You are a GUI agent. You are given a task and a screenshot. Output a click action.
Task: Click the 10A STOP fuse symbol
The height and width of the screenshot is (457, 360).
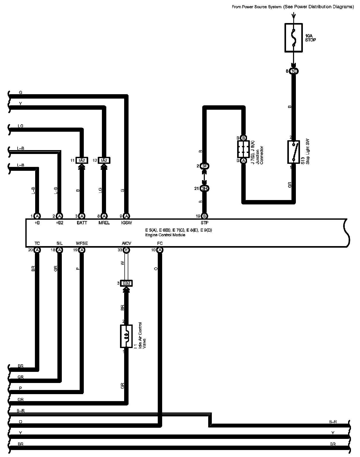click(294, 38)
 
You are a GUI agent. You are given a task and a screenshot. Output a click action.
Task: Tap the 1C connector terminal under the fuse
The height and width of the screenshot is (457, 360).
click(294, 71)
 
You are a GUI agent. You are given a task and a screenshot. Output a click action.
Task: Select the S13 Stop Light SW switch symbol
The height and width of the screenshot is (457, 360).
click(294, 152)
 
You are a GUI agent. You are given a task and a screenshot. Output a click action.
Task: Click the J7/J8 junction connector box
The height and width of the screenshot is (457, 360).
click(243, 149)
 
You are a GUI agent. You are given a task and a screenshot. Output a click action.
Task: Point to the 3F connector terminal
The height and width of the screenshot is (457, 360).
click(205, 166)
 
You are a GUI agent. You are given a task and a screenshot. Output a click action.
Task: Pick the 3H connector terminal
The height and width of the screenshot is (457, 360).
click(205, 188)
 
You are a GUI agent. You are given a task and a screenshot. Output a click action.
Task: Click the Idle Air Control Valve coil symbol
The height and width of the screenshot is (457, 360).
click(126, 336)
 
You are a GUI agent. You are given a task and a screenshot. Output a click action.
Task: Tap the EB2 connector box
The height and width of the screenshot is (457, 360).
click(126, 283)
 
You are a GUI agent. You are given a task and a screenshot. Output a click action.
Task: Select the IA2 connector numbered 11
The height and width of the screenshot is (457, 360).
click(82, 160)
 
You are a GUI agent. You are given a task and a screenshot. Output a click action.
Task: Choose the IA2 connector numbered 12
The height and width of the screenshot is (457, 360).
click(104, 160)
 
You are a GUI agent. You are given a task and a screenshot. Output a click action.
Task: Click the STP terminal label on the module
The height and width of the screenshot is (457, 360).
click(205, 223)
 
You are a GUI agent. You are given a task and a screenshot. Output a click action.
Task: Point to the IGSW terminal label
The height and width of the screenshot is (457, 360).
click(126, 223)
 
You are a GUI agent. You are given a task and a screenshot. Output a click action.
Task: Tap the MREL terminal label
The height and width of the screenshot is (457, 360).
click(104, 223)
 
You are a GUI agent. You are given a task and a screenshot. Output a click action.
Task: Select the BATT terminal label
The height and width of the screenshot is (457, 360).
click(82, 223)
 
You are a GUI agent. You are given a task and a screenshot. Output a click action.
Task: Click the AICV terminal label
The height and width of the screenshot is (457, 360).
click(126, 244)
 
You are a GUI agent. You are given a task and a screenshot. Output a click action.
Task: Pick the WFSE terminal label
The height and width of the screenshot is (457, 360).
click(82, 244)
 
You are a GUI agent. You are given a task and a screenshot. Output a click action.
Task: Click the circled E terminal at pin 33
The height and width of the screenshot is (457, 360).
click(126, 250)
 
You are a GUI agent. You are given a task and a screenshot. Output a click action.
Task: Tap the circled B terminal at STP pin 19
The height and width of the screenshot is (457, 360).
click(205, 216)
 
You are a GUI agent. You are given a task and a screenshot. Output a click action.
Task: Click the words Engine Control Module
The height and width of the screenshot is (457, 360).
click(165, 235)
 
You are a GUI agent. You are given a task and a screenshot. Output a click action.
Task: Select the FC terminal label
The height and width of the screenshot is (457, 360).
click(160, 244)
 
